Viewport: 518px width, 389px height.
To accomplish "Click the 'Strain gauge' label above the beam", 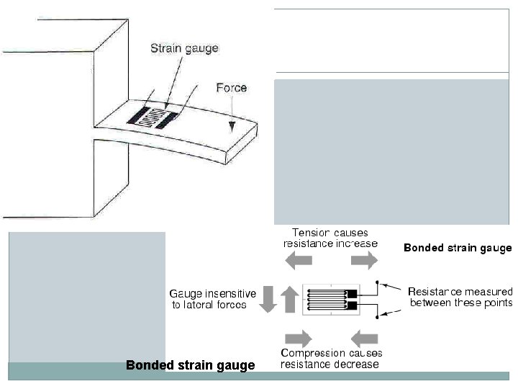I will (x=183, y=48).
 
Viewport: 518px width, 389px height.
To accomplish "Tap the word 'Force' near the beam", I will (x=231, y=88).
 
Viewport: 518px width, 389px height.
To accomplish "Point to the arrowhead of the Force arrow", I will (x=232, y=130).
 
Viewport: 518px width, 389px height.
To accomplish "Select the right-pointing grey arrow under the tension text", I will (x=364, y=261).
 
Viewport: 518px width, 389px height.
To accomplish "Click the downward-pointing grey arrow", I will (x=268, y=300).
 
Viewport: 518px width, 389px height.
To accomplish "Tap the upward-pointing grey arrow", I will (x=289, y=298).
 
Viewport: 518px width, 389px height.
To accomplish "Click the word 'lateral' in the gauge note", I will (x=212, y=305).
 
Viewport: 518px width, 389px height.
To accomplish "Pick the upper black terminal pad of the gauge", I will (x=351, y=294).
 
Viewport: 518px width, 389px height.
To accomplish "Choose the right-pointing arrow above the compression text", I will (x=299, y=337).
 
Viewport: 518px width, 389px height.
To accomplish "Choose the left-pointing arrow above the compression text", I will (x=365, y=337).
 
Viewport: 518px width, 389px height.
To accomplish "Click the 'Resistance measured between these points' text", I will (x=460, y=297).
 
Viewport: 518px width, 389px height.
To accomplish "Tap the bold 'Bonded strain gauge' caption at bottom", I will (x=190, y=365).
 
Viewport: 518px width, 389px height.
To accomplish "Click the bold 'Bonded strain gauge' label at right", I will (x=458, y=248).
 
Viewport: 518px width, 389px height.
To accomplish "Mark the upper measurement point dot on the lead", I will (x=377, y=283).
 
